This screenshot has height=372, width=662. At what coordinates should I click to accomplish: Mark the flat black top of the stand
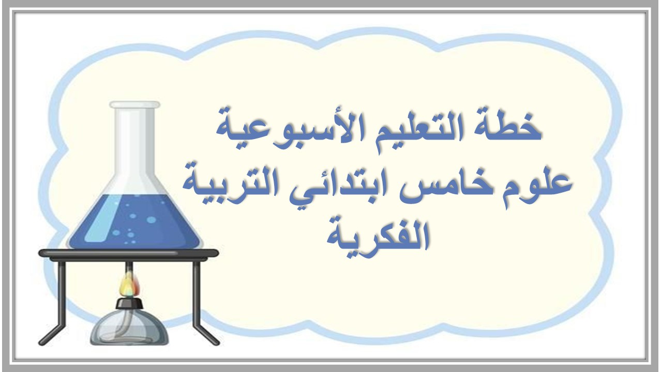click(129, 253)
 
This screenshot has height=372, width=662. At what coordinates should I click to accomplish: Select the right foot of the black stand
click(212, 341)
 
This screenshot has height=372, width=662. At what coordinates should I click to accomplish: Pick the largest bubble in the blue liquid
click(151, 220)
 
